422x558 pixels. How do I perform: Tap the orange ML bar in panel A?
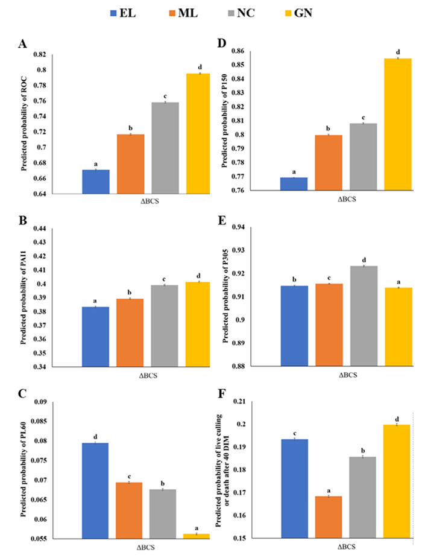tap(130, 163)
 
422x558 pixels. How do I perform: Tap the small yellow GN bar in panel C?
tap(197, 536)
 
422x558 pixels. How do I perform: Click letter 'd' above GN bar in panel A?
tap(197, 66)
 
